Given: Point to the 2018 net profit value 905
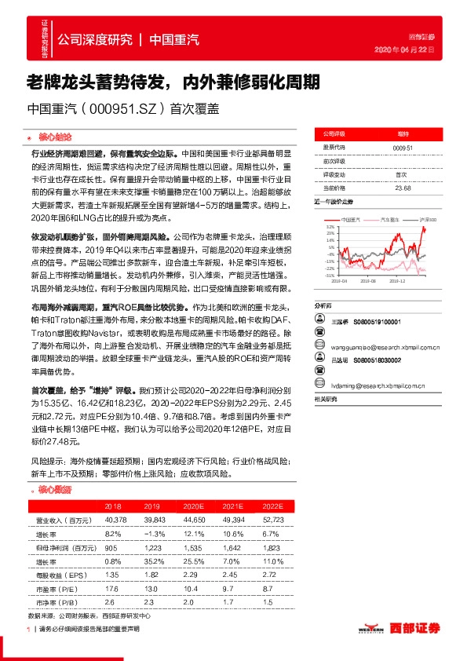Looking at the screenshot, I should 111,548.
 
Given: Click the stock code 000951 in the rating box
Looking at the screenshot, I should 403,147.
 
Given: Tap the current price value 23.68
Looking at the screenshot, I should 403,188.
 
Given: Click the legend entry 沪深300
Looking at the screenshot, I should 428,219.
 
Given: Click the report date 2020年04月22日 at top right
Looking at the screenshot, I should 417,49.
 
